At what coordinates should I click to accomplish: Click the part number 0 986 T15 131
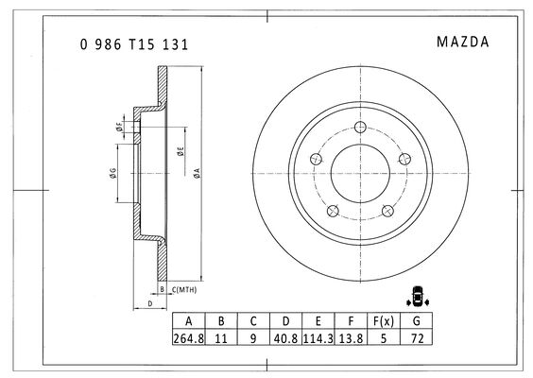tap(134, 44)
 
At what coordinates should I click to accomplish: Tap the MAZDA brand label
tap(463, 42)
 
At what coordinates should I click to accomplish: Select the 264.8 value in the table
tap(189, 338)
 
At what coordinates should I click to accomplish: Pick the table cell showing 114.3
tap(318, 338)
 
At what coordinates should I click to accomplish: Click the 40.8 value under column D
tap(285, 338)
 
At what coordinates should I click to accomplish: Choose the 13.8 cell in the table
tap(351, 338)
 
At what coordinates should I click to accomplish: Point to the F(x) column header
tap(384, 321)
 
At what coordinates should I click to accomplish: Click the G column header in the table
tap(417, 321)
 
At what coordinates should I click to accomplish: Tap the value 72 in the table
tap(417, 338)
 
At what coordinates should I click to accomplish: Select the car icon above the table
tap(417, 296)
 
